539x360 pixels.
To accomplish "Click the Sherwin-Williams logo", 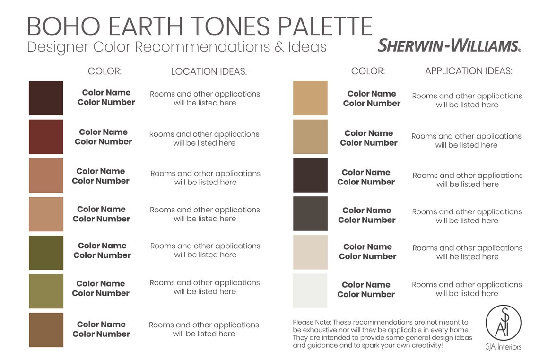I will [449, 46].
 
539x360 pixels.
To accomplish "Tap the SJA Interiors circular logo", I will [503, 323].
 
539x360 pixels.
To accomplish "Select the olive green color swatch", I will [46, 253].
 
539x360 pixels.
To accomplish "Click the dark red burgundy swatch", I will [46, 137].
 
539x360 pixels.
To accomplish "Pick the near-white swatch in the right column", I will [310, 290].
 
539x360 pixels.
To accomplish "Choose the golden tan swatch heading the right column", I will [310, 98].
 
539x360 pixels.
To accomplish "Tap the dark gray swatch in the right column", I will [310, 213].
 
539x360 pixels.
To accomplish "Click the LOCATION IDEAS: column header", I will [209, 71].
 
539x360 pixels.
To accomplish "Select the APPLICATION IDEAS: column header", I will [469, 71].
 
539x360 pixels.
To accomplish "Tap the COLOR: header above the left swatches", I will [104, 71].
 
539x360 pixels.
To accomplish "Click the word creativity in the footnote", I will [423, 345].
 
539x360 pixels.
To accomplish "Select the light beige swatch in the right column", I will [310, 252].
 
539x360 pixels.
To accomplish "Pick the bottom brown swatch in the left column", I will [46, 330].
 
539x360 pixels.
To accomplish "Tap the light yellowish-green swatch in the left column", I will [46, 291].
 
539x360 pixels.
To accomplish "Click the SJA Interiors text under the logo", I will [503, 347].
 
